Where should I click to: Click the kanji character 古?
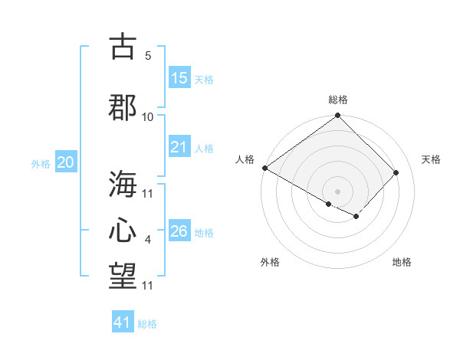pos(123,47)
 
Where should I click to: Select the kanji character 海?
pos(123,184)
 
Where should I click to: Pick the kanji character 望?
pos(123,277)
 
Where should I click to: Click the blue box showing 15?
pos(179,78)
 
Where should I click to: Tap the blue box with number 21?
pos(179,147)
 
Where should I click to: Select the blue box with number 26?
pos(179,231)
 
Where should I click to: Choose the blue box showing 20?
pos(66,162)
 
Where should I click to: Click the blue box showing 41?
pos(123,322)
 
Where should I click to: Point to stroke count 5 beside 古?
pos(148,56)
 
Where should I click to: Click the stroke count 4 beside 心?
pos(148,241)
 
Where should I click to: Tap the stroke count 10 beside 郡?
pos(148,116)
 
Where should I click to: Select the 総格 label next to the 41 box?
pos(147,324)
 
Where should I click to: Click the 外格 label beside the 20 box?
pos(41,163)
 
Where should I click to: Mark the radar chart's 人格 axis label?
pos(245,159)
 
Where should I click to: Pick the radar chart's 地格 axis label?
pos(402,262)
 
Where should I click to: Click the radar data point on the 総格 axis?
pos(337,116)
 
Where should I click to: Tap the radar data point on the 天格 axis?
pos(396,172)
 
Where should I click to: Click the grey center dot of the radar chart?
pos(337,191)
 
